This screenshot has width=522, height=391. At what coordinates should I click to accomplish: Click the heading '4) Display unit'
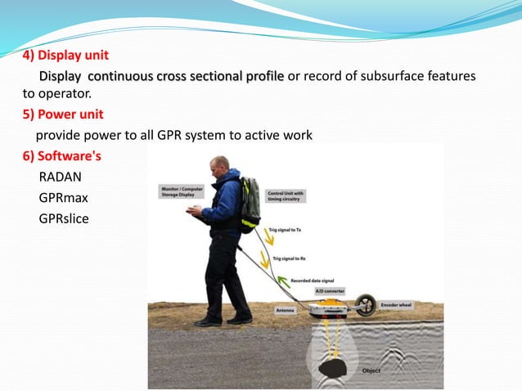pyautogui.click(x=65, y=56)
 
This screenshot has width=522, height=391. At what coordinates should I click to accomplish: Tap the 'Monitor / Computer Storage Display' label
pyautogui.click(x=182, y=191)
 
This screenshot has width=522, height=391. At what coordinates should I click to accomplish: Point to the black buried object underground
pyautogui.click(x=332, y=369)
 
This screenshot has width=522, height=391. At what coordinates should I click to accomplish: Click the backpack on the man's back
pyautogui.click(x=250, y=204)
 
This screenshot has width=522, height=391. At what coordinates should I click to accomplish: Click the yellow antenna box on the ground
pyautogui.click(x=331, y=308)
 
